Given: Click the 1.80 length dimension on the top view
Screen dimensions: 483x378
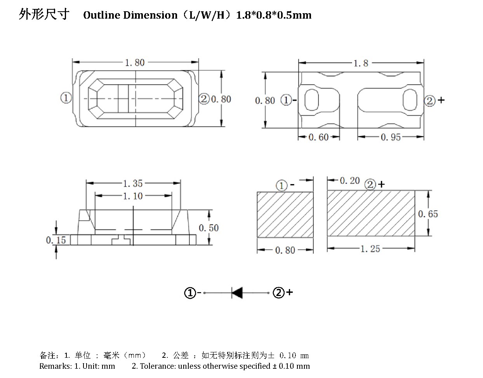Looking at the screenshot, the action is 135,63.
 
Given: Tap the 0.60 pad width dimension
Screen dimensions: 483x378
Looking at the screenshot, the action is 318,137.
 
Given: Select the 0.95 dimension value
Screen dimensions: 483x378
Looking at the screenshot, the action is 391,137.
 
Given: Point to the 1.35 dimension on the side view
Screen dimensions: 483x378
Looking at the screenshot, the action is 133,183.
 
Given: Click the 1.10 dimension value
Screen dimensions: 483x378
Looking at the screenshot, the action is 133,196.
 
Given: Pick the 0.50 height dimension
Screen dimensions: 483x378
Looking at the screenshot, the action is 209,228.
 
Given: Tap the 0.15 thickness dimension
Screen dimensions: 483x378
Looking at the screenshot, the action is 56,240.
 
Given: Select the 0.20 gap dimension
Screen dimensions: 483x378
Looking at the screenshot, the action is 350,181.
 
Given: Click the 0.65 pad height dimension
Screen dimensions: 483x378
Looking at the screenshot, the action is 428,214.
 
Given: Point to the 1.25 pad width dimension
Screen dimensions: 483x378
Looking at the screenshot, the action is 370,249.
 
